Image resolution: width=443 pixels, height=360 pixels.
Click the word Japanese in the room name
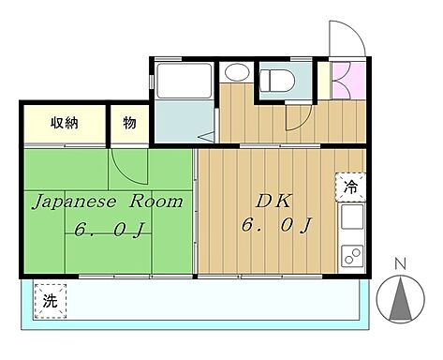coord(71,201)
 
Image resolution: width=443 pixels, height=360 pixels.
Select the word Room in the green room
coord(153,201)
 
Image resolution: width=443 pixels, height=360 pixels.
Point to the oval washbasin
coord(237,72)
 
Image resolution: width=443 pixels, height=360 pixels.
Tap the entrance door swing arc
coord(345,39)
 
